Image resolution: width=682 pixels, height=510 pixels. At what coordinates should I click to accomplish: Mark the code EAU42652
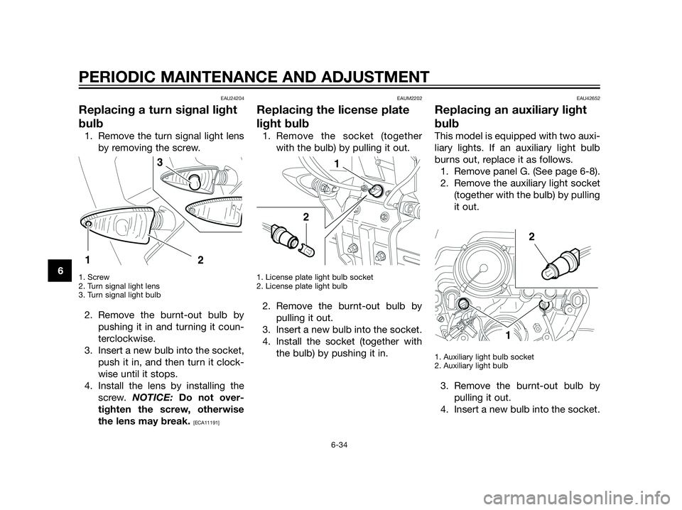588,97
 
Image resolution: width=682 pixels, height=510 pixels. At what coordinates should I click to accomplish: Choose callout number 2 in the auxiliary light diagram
530,237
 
